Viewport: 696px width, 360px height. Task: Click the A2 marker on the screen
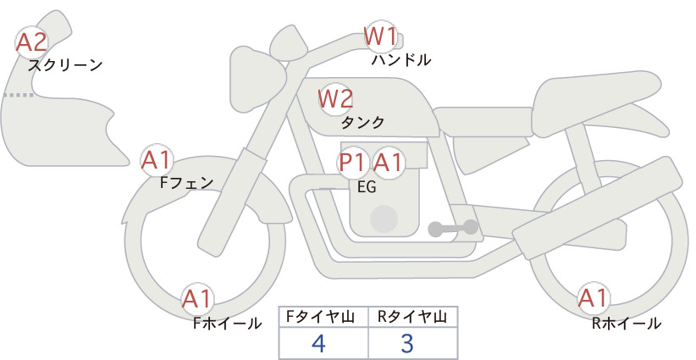31,42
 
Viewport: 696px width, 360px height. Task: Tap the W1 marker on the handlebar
380,36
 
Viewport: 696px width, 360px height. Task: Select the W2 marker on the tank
335,99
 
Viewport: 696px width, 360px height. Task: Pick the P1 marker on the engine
353,163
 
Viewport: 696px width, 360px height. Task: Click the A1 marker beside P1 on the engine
388,163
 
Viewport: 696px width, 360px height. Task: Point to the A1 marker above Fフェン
156,161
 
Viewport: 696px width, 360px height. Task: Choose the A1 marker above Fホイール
197,299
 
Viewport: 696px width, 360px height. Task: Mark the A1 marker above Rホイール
593,298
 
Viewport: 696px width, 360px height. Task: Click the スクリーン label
65,65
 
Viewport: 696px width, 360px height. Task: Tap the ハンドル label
401,60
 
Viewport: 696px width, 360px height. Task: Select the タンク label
362,122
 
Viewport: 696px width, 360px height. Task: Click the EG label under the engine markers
367,187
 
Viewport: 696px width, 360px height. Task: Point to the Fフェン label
186,182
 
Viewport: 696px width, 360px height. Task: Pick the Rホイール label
627,324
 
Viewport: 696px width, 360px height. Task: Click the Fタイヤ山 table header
320,317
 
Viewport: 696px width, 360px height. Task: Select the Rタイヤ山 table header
412,317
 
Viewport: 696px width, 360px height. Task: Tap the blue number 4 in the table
319,343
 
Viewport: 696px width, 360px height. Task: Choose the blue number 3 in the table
407,343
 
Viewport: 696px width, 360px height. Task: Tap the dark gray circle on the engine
384,219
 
